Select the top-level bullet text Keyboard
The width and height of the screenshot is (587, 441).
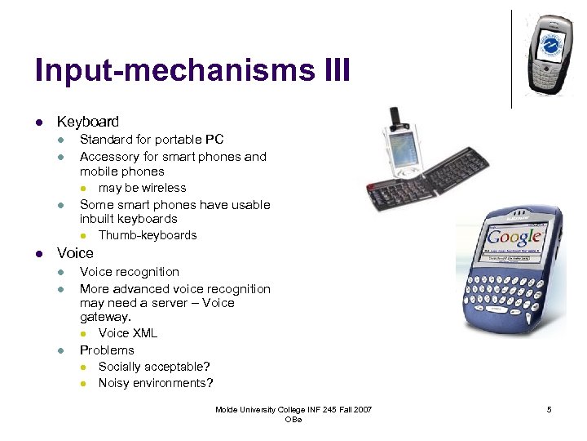87,122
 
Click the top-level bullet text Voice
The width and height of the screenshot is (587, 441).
75,253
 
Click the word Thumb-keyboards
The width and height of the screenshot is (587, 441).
148,235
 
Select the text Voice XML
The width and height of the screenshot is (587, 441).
128,333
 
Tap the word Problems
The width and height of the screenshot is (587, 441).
107,350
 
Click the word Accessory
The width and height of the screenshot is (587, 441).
109,156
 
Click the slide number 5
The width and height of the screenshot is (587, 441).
549,409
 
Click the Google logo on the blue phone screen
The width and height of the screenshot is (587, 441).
514,237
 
